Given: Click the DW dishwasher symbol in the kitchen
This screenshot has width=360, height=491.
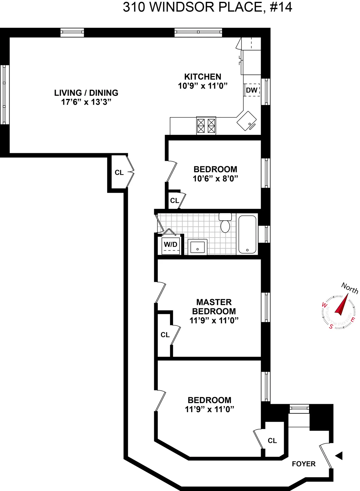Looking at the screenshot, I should pos(251,90).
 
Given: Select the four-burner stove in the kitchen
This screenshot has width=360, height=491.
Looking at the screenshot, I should pos(206,125).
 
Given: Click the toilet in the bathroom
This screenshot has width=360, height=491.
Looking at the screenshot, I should pos(225,223).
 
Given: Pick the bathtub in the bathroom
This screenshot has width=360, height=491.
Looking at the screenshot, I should pos(247,234).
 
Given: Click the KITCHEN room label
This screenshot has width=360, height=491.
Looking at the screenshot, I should pos(202,77).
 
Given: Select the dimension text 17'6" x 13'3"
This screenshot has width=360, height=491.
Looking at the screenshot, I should pos(86,102).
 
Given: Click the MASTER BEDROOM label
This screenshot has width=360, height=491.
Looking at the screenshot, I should pos(214,307).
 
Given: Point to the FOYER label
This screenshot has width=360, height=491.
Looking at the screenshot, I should pos(304,464).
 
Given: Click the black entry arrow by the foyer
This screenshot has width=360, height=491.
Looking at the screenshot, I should pos(339,456).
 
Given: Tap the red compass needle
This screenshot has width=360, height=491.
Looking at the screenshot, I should pos(342,305).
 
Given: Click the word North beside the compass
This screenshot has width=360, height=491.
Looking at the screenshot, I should pos(349,288).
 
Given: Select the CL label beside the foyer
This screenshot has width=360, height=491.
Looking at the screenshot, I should pos(272,441).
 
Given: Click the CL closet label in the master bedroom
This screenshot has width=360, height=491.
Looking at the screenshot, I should pos(165,335).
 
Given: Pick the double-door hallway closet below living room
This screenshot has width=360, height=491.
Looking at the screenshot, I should pos(119,172).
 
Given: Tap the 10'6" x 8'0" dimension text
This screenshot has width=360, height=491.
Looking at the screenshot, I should pos(215,179).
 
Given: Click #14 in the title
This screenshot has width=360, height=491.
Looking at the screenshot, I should pos(281,7).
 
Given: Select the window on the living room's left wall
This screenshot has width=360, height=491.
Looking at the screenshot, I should pos(4,95).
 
